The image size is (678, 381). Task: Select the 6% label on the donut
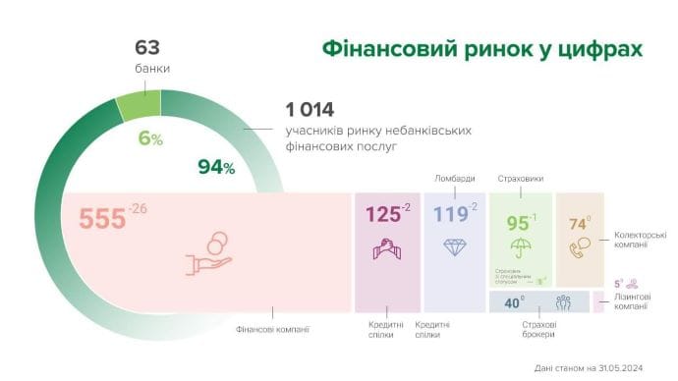149,138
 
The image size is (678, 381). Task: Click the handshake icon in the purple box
386,249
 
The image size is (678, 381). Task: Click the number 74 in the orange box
577,224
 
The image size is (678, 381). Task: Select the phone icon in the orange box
581,248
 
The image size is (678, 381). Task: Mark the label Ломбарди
454,179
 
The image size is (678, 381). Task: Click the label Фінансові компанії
273,329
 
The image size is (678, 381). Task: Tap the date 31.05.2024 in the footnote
617,368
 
